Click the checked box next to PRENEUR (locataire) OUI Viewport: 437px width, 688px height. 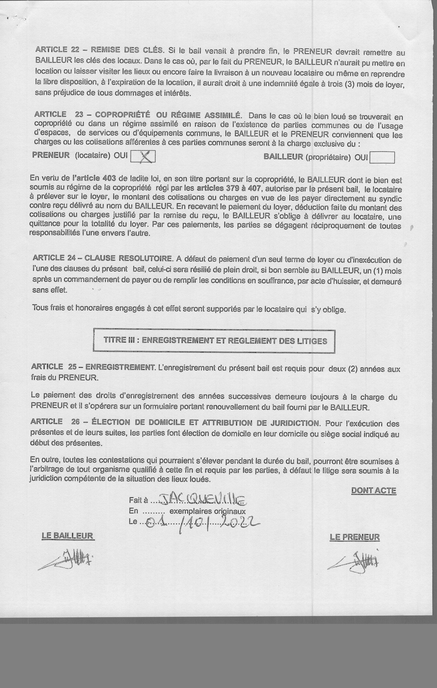coord(143,157)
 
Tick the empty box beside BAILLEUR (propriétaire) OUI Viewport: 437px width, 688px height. coord(382,157)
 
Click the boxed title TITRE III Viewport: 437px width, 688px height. coord(214,341)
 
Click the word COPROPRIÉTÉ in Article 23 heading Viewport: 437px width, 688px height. coord(122,115)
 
